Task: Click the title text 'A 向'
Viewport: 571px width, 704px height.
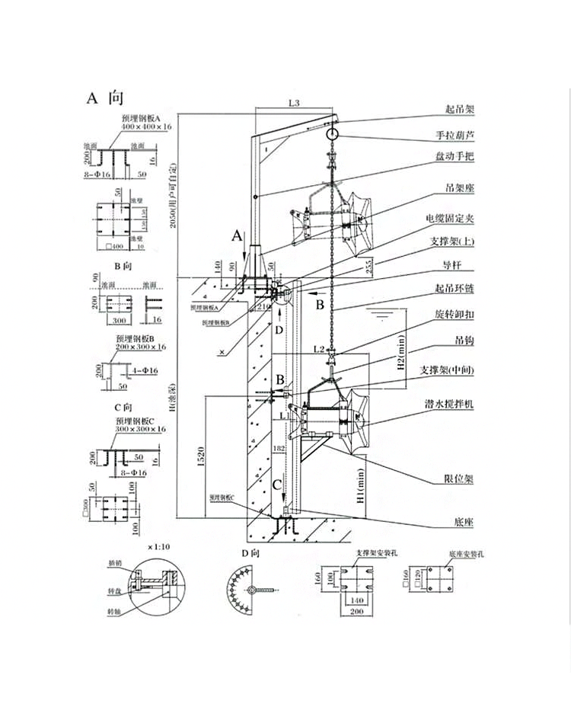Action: pos(104,98)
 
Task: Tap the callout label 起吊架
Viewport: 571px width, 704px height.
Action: pos(459,109)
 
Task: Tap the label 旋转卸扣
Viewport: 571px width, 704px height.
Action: pos(454,313)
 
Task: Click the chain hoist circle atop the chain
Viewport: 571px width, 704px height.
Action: pos(332,134)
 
